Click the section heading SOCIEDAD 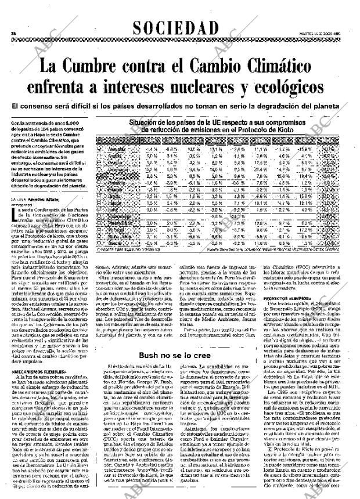tap(175, 28)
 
